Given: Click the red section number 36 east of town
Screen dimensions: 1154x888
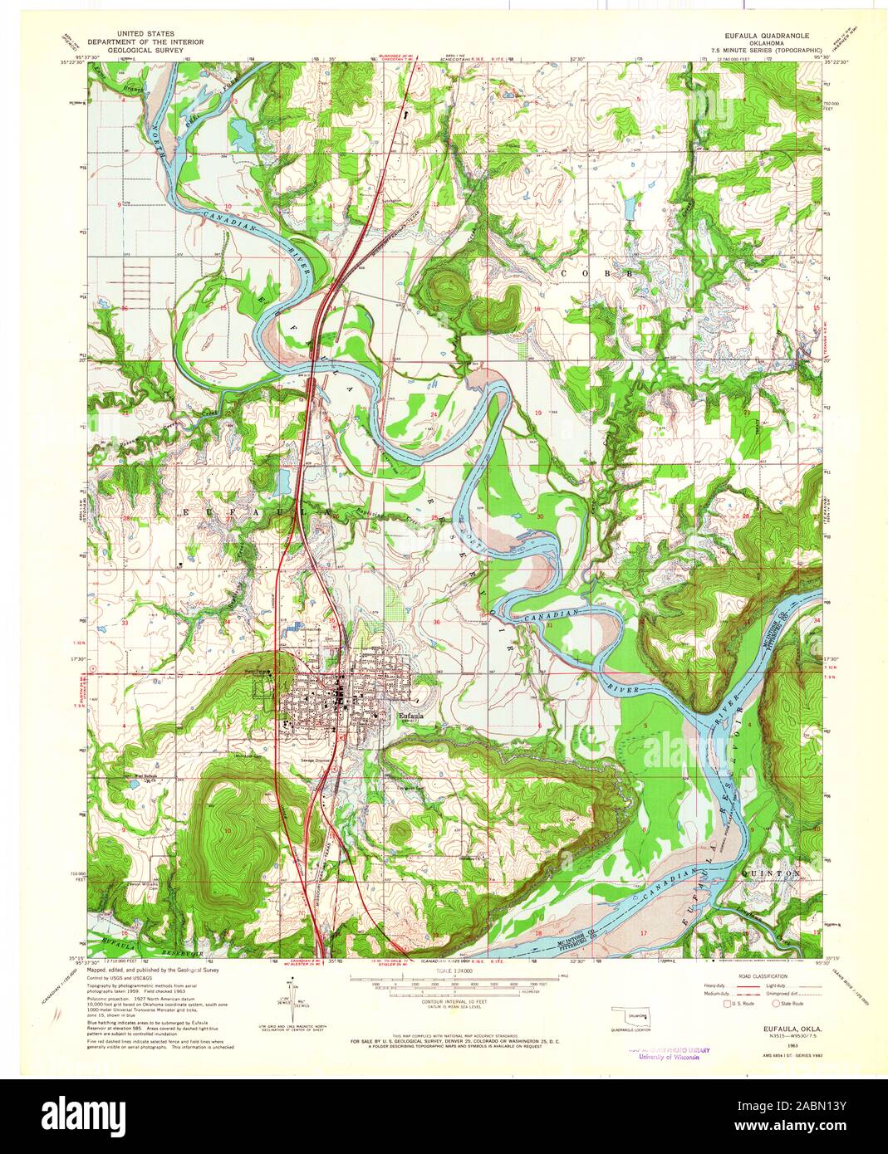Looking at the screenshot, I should coord(435,621).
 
